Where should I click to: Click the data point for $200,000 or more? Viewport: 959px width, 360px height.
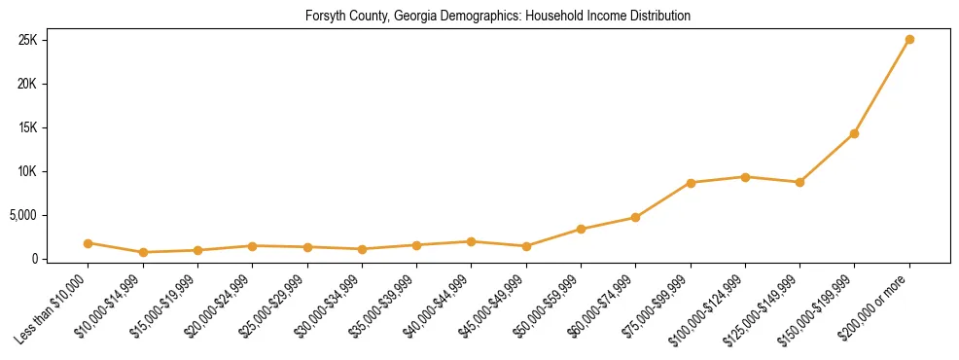909,40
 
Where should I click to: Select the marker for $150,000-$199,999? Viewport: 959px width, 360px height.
854,133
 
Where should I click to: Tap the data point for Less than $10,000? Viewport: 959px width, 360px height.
89,243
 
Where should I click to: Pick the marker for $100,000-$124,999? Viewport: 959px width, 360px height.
745,177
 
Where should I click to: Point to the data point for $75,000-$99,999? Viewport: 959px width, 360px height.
691,183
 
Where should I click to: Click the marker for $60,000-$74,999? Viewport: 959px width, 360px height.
635,217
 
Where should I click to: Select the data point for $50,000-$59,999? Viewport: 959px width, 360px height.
581,230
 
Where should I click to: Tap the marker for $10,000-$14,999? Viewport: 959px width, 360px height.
143,252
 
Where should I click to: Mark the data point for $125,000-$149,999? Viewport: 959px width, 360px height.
799,182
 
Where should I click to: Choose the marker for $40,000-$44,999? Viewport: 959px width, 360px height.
471,241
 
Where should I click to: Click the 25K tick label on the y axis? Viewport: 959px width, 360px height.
27,40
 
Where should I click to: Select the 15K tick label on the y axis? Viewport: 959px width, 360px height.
27,127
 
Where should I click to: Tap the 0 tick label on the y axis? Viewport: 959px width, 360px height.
34,259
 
